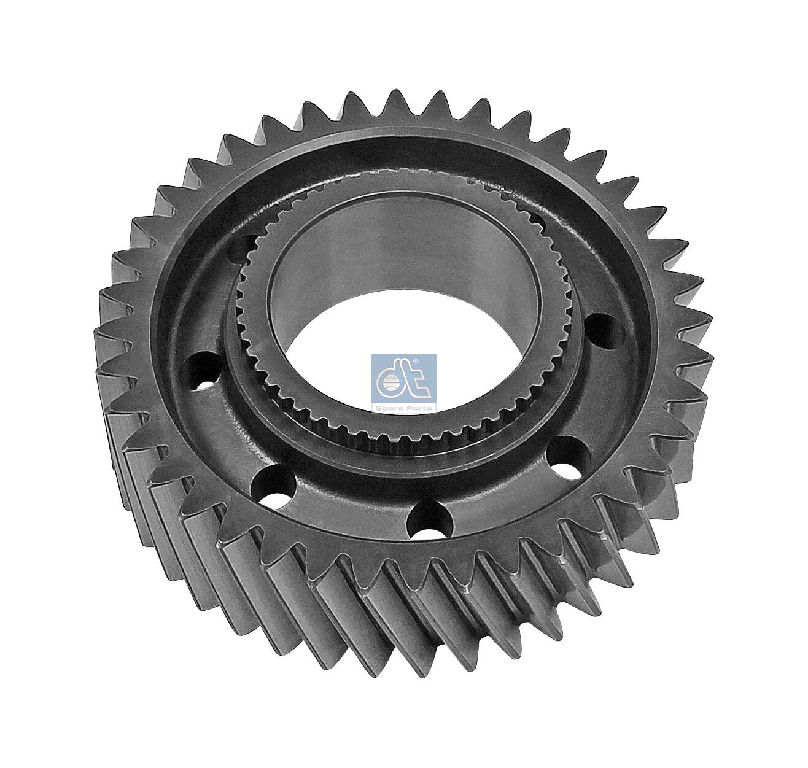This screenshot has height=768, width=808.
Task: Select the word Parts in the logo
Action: (418, 407)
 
